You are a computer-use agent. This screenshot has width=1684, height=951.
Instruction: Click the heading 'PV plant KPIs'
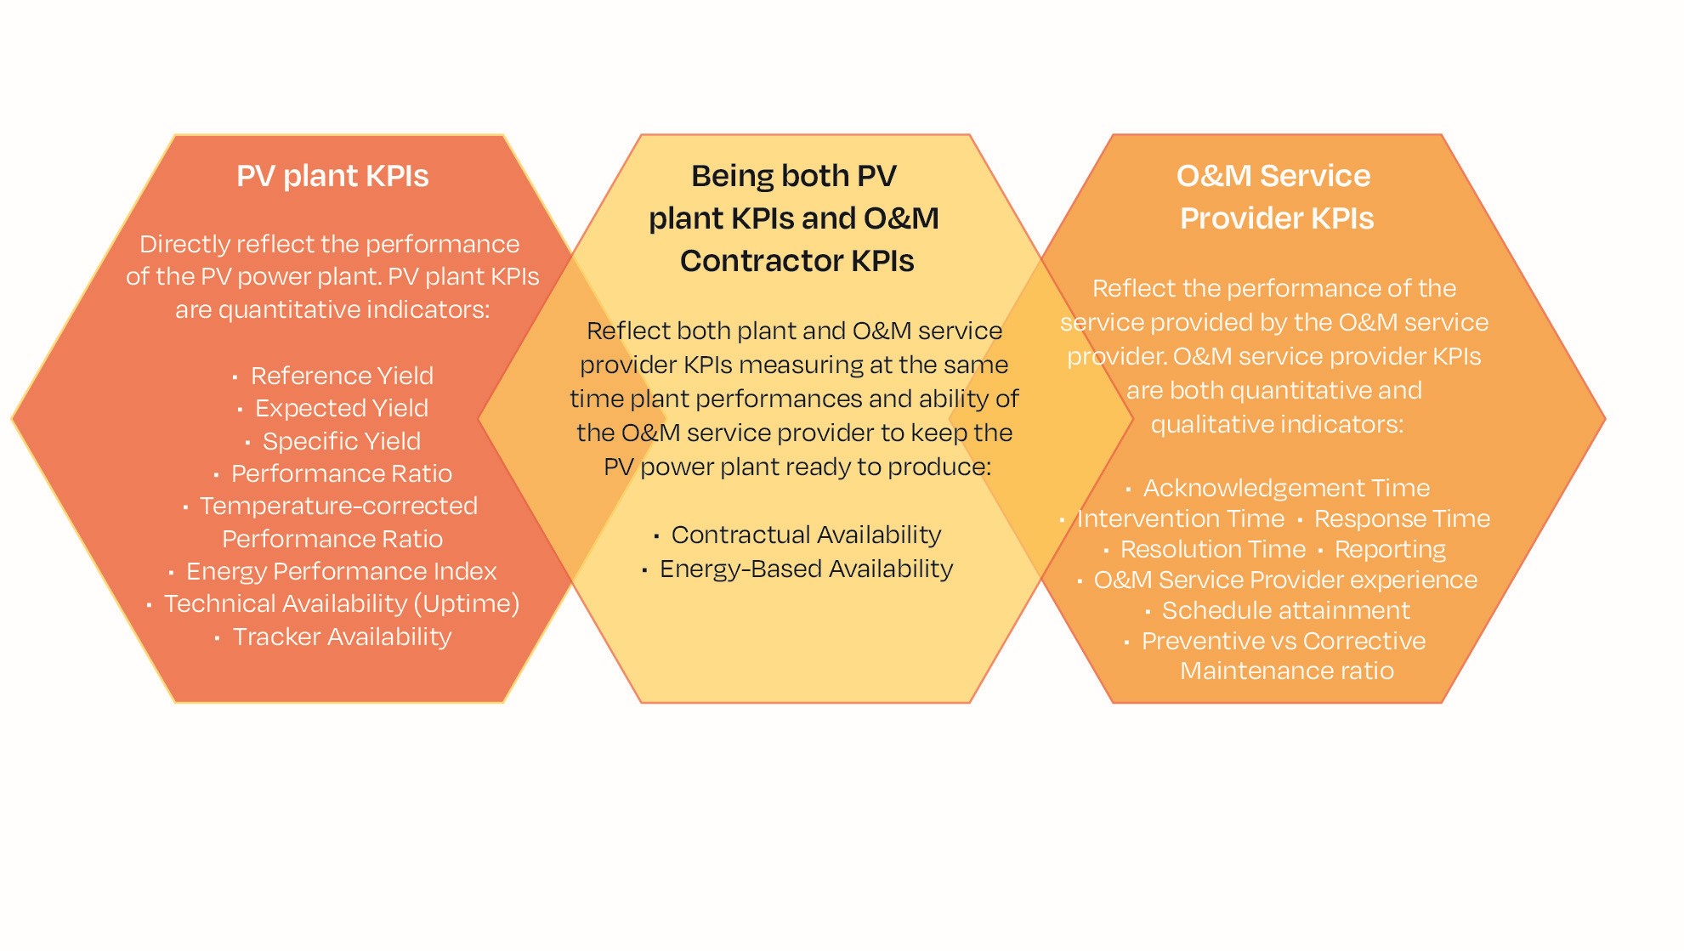pos(332,176)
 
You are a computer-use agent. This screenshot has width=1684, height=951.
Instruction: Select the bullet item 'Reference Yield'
pos(342,376)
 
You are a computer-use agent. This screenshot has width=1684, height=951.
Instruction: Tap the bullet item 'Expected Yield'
pos(341,408)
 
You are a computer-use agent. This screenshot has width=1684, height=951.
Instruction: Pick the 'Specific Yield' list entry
pos(341,441)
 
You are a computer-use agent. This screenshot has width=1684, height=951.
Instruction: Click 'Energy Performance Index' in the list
pos(341,571)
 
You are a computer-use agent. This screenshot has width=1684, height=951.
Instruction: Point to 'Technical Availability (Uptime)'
pos(341,603)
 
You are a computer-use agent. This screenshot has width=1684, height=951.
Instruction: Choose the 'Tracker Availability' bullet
pos(342,637)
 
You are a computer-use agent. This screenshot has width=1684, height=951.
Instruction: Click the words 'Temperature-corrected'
pos(338,506)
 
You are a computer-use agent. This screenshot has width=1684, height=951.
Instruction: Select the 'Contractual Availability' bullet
pos(806,535)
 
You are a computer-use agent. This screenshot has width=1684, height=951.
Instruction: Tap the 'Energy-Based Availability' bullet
pos(806,569)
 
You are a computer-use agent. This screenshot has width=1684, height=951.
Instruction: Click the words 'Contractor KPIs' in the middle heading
pos(797,261)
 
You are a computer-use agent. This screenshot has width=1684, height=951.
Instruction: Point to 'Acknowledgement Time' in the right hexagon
pos(1286,488)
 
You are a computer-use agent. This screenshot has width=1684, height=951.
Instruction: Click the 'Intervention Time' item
pos(1181,518)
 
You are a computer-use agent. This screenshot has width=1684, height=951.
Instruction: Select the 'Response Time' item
pos(1402,518)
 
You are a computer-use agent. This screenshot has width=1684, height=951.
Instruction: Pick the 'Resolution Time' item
pos(1212,549)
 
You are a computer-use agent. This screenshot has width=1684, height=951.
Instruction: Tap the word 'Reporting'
pos(1390,549)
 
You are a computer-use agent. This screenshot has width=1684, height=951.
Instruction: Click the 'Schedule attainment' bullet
pos(1285,610)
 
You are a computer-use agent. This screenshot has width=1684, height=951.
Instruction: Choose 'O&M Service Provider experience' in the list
pos(1285,580)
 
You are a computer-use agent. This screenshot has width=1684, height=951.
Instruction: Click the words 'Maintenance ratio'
pos(1287,671)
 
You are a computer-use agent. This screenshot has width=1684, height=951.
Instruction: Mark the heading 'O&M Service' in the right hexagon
pos(1273,176)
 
